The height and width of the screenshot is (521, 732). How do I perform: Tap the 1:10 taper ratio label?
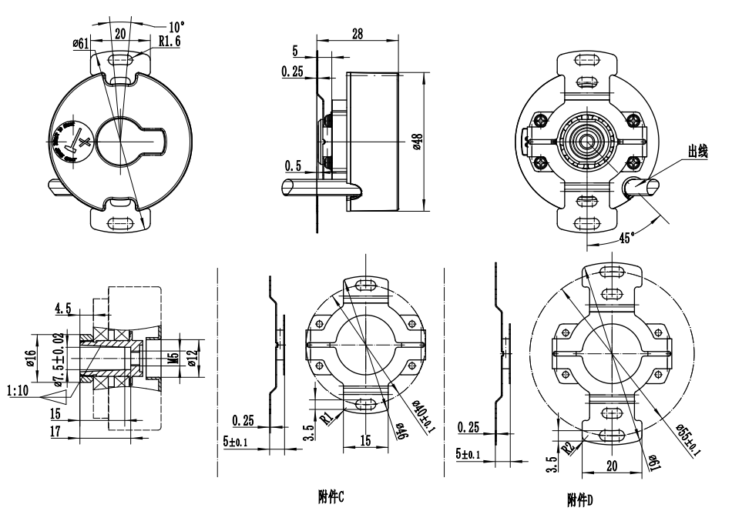point(18,392)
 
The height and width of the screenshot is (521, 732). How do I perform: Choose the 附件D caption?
point(579,500)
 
